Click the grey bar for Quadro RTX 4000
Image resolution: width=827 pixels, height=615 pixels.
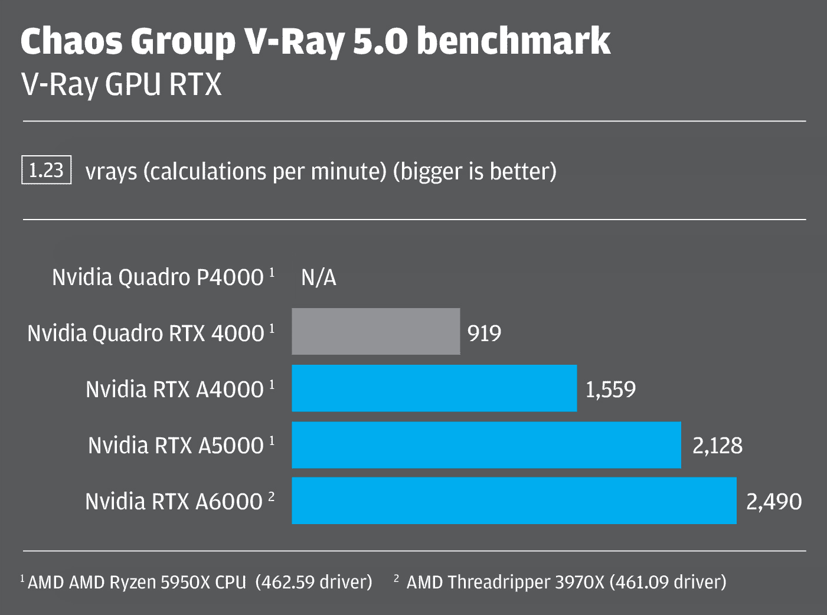point(376,331)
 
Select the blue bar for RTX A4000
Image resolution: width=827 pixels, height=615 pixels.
point(434,388)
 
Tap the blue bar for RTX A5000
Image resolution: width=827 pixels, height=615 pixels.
point(486,444)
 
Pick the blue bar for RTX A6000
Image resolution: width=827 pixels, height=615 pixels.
point(514,500)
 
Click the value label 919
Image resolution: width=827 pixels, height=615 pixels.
point(484,333)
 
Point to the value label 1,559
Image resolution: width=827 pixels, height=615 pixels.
point(610,390)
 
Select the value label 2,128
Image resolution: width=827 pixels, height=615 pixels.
point(717,446)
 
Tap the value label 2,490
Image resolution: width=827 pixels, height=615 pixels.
point(774,502)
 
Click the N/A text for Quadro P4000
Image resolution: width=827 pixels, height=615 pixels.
point(319,277)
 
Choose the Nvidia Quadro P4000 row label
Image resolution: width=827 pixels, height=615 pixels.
point(158,277)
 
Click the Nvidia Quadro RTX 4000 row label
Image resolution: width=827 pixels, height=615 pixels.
point(146,333)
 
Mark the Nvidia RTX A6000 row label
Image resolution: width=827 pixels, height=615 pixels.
point(174,502)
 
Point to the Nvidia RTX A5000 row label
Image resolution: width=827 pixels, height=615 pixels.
point(176,446)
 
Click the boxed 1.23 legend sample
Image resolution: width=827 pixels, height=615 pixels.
point(46,170)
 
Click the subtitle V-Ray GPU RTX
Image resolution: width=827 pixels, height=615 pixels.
point(122,84)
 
